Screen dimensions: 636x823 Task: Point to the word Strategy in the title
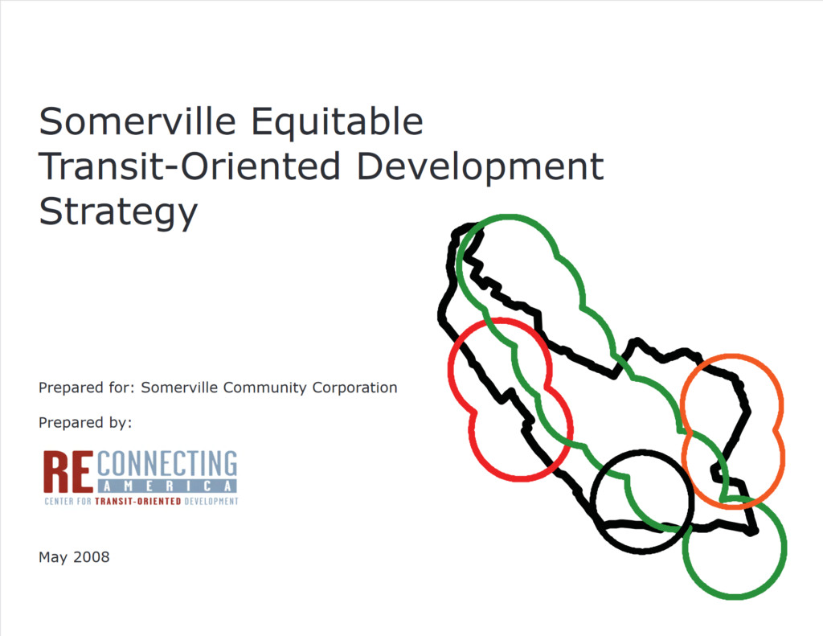(117, 211)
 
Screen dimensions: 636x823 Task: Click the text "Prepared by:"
(84, 422)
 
